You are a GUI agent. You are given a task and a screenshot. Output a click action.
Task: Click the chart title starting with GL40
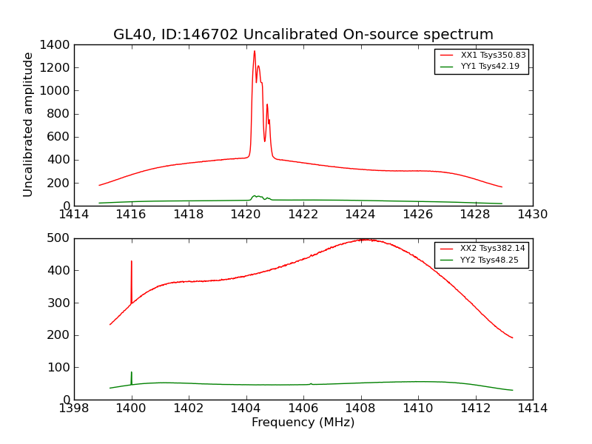point(303,35)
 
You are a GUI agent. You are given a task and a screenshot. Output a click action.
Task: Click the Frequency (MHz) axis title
point(303,423)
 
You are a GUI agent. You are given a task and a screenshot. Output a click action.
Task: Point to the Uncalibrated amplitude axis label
point(29,124)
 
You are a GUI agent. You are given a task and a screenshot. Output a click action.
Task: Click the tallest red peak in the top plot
point(255,51)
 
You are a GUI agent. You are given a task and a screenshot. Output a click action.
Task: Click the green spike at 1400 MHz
point(132,372)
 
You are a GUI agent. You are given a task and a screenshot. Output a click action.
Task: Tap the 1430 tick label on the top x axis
point(532,215)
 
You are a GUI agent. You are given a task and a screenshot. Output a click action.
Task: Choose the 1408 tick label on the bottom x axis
point(360,408)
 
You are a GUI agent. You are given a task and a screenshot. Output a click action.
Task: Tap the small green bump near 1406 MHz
point(311,383)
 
